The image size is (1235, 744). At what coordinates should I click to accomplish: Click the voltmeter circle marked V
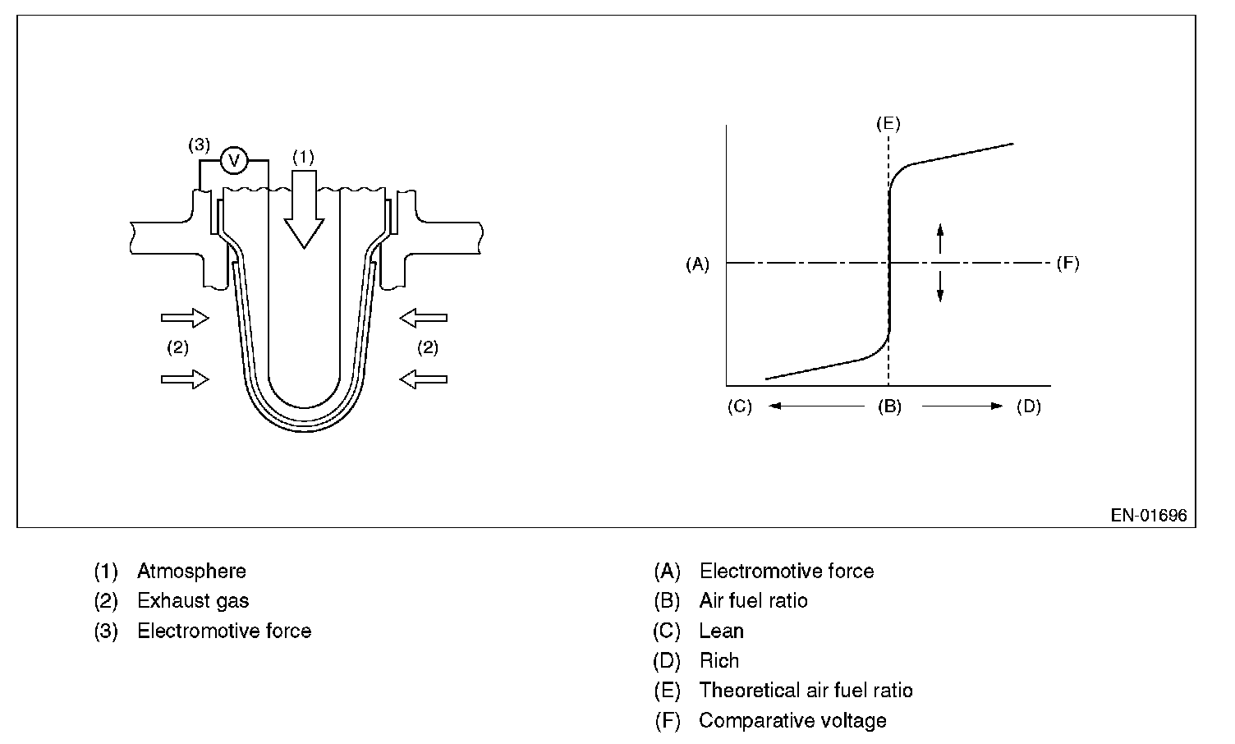tap(234, 160)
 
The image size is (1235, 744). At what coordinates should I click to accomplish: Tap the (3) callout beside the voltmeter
tap(199, 145)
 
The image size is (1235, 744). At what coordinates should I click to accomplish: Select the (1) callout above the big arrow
tap(303, 156)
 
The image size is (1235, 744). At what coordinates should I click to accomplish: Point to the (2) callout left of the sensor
tap(178, 347)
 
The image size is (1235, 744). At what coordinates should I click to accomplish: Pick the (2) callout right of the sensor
tap(428, 347)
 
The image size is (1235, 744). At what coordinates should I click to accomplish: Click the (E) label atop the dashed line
tap(888, 124)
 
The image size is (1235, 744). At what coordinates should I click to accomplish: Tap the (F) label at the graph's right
tap(1067, 264)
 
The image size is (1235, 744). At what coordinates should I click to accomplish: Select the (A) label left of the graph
tap(697, 264)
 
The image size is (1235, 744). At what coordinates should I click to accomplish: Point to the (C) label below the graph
tap(739, 406)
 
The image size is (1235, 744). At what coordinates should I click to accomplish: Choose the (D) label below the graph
tap(1029, 406)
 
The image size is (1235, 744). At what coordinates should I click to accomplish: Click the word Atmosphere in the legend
tap(191, 571)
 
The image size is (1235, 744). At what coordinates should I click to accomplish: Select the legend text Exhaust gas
tap(193, 601)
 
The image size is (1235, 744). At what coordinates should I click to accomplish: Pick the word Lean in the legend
tap(722, 631)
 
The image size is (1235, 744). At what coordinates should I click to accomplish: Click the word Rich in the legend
tap(719, 661)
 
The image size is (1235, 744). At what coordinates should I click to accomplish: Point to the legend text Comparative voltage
tap(792, 721)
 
